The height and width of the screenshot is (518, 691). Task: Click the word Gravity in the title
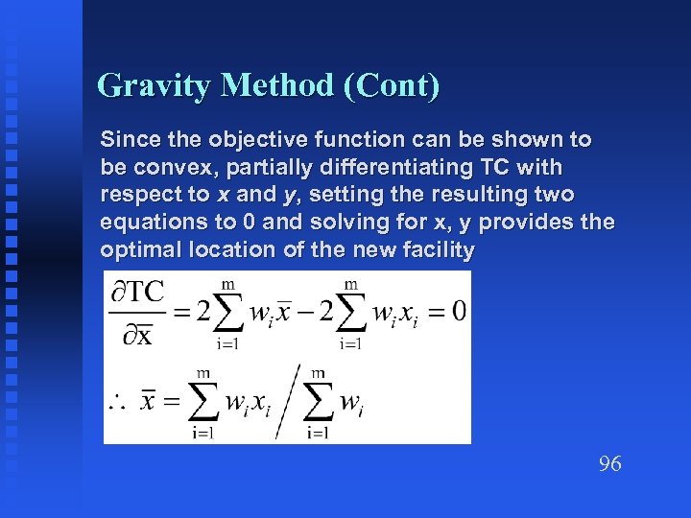[155, 86]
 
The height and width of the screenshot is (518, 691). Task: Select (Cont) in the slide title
[390, 86]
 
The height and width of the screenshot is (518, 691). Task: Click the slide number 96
[609, 464]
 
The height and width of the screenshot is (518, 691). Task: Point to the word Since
[127, 140]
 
